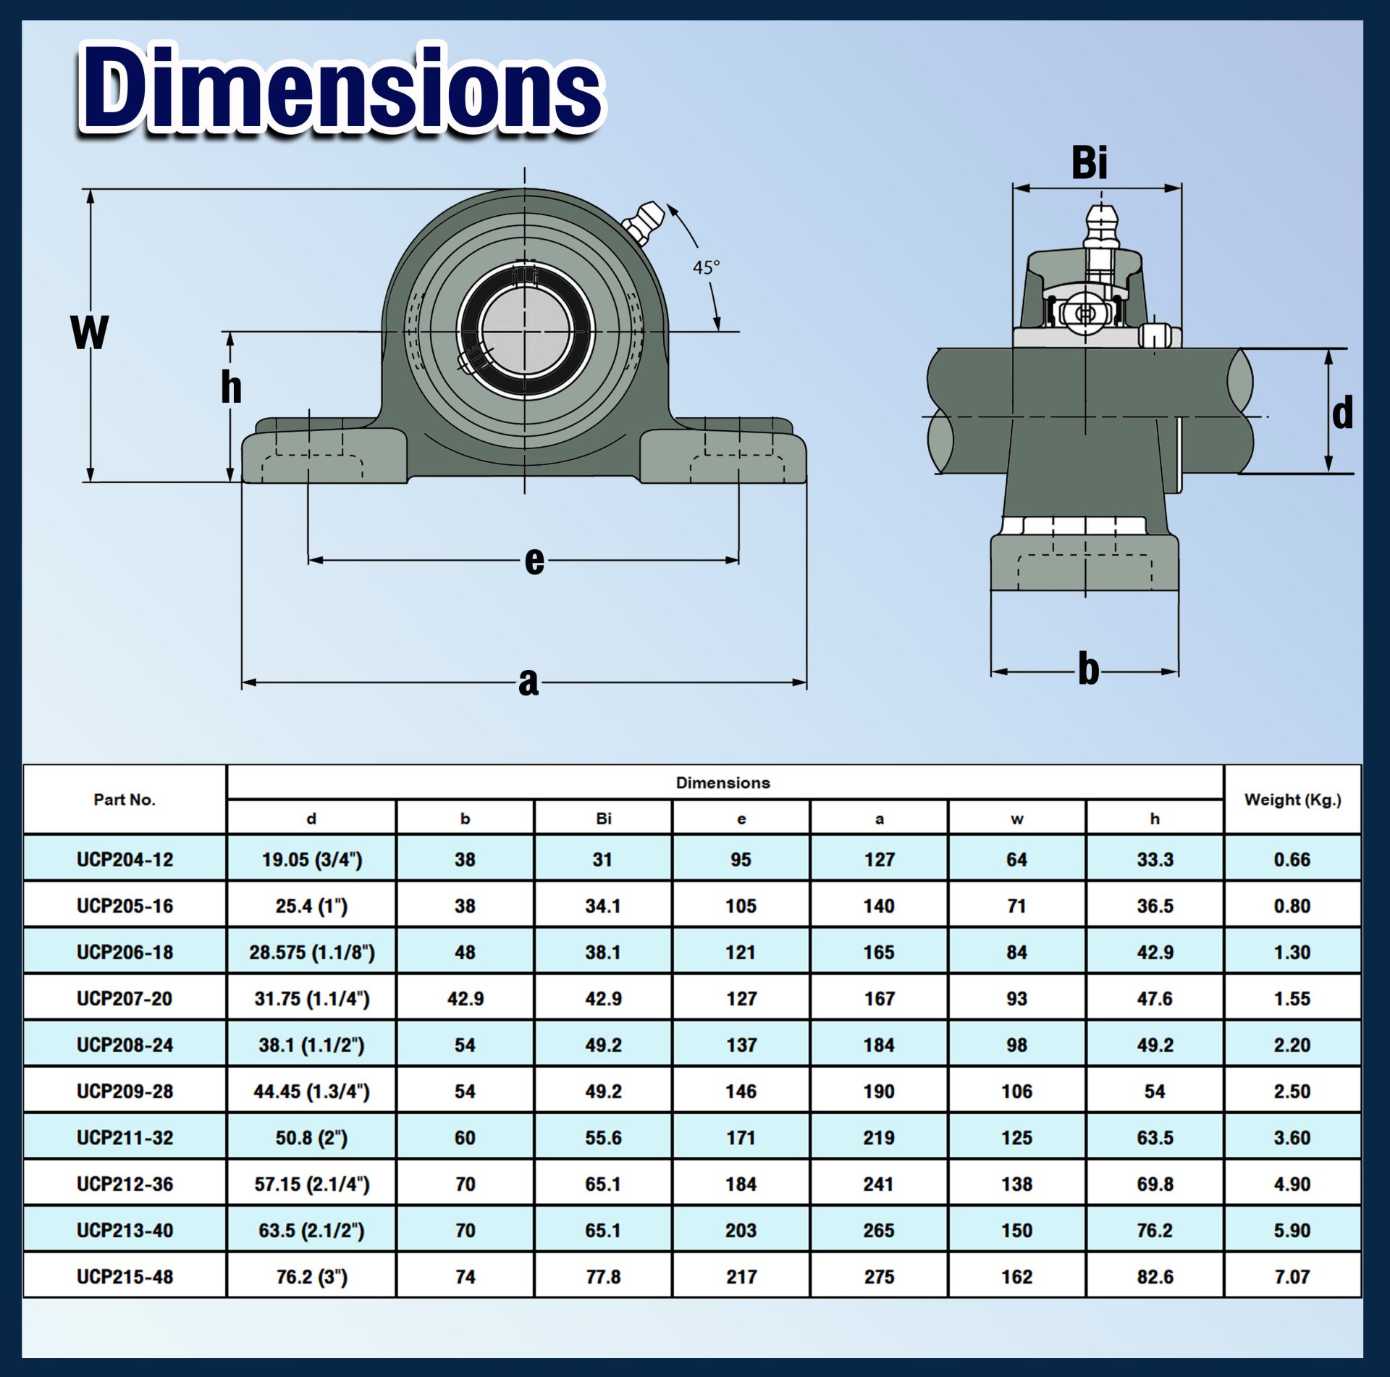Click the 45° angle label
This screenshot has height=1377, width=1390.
click(x=706, y=267)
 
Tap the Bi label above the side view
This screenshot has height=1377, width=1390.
click(x=1089, y=163)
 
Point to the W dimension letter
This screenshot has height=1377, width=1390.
click(x=90, y=332)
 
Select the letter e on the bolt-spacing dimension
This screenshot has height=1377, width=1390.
click(x=534, y=560)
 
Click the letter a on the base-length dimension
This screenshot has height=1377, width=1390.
click(x=528, y=682)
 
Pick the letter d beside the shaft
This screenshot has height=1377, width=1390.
click(x=1342, y=413)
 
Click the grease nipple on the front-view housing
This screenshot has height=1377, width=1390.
click(x=642, y=221)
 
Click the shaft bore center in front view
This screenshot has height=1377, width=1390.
click(x=525, y=331)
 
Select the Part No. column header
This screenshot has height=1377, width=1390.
click(x=125, y=800)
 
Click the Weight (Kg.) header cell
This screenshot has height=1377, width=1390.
click(x=1292, y=800)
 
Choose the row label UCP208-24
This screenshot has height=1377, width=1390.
click(x=125, y=1045)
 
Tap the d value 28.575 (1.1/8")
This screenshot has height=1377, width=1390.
click(x=312, y=952)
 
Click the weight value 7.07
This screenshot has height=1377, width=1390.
click(x=1292, y=1276)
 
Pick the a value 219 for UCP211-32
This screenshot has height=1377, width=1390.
click(x=879, y=1137)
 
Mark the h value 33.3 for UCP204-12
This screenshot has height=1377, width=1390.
click(x=1155, y=859)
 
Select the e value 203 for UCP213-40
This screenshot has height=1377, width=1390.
click(x=741, y=1230)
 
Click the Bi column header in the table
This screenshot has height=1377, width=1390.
click(x=603, y=819)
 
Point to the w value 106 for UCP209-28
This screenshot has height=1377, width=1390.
click(x=1016, y=1091)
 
